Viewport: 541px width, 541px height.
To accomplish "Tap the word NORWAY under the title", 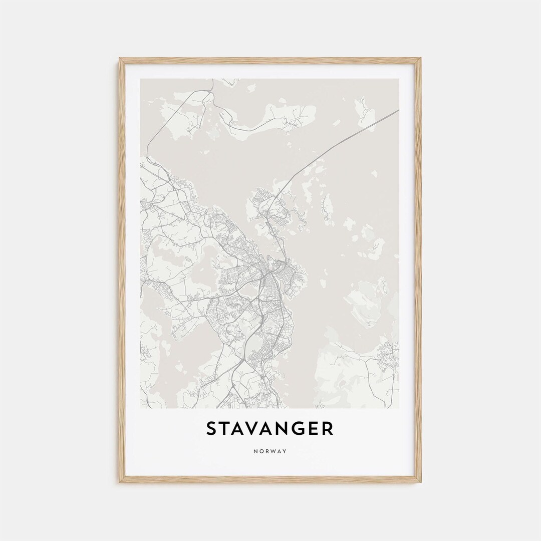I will pyautogui.click(x=270, y=451).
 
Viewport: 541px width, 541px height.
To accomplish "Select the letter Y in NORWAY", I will pyautogui.click(x=285, y=451).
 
